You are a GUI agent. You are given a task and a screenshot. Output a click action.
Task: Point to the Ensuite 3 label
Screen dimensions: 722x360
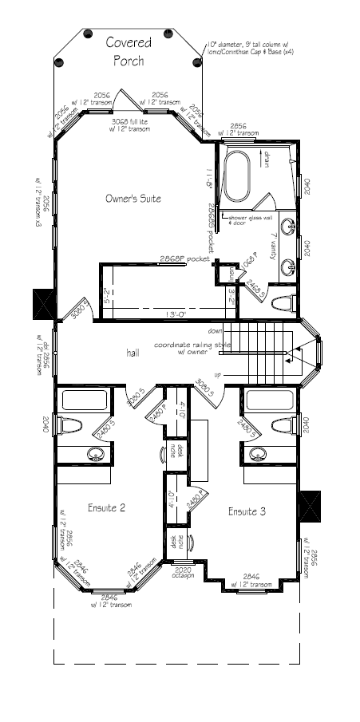pos(247,511)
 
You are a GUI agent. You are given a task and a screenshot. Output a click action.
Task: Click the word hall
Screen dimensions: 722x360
pos(133,352)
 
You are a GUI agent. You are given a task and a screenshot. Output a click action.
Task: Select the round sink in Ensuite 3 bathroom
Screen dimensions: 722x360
pos(257,454)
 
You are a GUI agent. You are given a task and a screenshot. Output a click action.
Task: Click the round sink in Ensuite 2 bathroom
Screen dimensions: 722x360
pos(96,455)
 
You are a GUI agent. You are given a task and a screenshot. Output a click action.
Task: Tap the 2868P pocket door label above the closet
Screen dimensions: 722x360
pos(184,259)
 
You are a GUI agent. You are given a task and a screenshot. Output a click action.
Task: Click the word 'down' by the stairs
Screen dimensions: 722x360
pos(214,330)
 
